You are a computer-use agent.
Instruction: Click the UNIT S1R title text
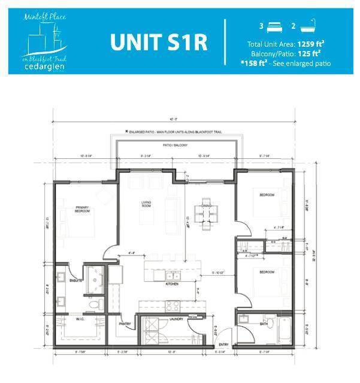159,43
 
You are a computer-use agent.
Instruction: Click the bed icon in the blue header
274,26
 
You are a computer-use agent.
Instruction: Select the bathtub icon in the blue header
308,26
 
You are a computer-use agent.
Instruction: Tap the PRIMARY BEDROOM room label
82,210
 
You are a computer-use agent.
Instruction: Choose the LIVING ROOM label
146,204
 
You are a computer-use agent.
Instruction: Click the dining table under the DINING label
204,217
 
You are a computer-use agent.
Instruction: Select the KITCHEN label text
173,284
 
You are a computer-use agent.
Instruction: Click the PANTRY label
125,324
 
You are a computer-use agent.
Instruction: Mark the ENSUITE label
75,280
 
